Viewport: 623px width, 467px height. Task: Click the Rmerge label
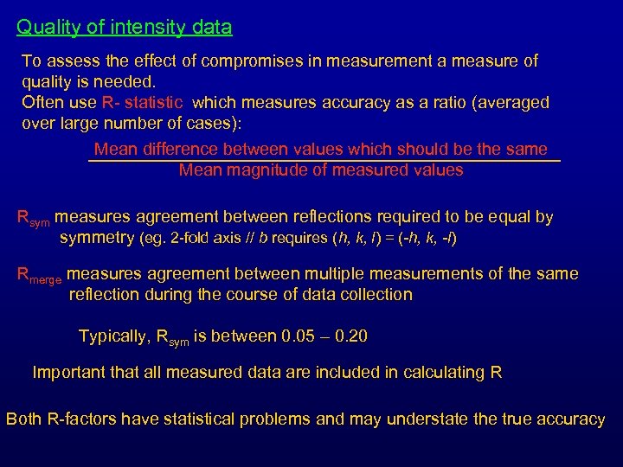click(40, 276)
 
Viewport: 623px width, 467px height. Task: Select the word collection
click(372, 295)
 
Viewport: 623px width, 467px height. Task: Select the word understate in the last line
click(425, 419)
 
